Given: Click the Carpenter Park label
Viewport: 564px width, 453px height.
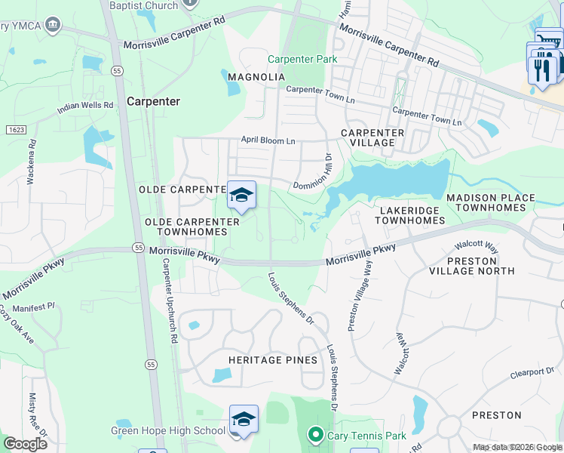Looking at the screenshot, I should pos(302,59).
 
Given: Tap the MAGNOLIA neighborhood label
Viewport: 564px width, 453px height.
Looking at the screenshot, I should pos(256,77).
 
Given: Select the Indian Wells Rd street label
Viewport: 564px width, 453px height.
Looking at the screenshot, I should pos(85,109).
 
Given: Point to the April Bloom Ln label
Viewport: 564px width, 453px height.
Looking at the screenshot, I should pos(268,140).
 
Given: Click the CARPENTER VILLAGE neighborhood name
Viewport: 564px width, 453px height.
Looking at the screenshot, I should pos(372,137).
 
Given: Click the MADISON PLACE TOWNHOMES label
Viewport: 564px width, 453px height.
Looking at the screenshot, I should pos(490,203).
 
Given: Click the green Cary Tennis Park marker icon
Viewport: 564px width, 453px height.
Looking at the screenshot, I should pos(314,435).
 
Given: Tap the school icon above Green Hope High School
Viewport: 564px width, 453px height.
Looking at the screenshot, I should pos(244,420).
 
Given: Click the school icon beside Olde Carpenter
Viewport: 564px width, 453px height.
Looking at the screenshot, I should pos(241,196).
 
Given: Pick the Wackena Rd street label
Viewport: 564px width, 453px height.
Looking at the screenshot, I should pos(32,162).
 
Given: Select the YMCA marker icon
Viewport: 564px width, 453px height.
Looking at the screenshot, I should pos(53,26).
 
